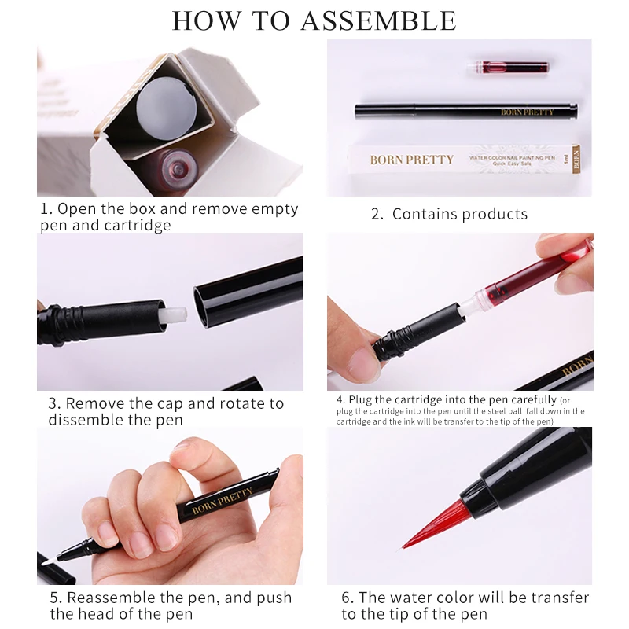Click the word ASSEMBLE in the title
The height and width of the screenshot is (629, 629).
tap(378, 21)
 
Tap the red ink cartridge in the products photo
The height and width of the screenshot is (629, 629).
tap(508, 67)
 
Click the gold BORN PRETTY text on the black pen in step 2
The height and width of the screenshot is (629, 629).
tap(527, 112)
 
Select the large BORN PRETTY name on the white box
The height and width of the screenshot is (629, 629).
tap(411, 160)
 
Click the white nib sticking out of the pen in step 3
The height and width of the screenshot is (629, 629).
tap(175, 314)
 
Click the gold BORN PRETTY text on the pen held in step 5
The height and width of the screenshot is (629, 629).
tap(223, 501)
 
